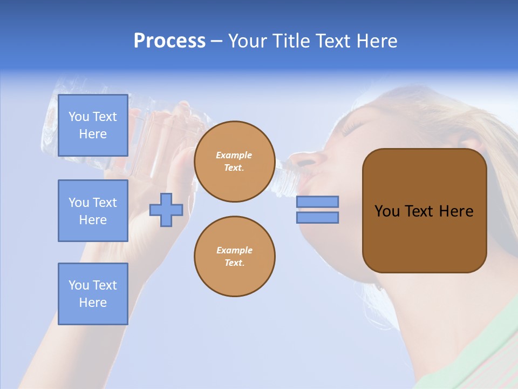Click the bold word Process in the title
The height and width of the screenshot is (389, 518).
click(169, 41)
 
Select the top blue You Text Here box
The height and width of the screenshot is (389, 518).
click(93, 125)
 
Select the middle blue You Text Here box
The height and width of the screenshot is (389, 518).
click(93, 211)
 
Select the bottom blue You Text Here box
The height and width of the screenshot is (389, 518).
click(93, 294)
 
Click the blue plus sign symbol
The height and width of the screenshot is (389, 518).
click(166, 210)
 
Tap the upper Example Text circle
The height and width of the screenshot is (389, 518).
click(234, 162)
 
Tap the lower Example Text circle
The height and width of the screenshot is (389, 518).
click(234, 257)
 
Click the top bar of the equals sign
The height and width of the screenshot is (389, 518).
click(317, 202)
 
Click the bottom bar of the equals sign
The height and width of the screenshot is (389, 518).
click(317, 218)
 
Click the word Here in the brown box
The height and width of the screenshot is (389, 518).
click(456, 211)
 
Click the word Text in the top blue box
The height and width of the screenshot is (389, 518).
click(105, 117)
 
